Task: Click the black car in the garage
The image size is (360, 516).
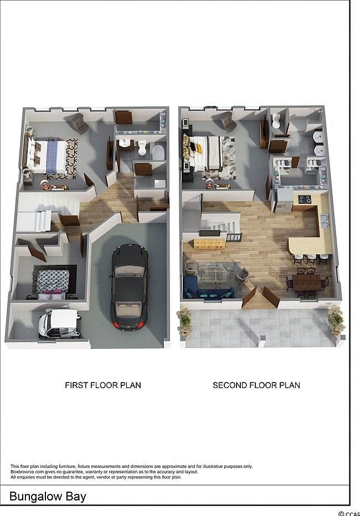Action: point(130,288)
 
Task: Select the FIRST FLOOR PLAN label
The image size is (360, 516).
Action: point(103,385)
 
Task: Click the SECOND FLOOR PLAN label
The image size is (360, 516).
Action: point(256,385)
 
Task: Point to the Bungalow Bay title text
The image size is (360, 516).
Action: point(48,496)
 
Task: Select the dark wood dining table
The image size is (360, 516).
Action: point(307,282)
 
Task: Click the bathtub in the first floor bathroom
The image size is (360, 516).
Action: point(158,152)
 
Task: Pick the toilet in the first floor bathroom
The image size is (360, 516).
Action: point(142,148)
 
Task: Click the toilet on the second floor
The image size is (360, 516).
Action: point(276,120)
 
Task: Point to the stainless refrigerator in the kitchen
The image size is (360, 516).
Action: point(283,200)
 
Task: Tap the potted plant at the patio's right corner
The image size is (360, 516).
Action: point(335,321)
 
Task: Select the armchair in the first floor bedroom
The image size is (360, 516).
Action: point(80,123)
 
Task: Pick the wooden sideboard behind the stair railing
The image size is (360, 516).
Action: point(209,242)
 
